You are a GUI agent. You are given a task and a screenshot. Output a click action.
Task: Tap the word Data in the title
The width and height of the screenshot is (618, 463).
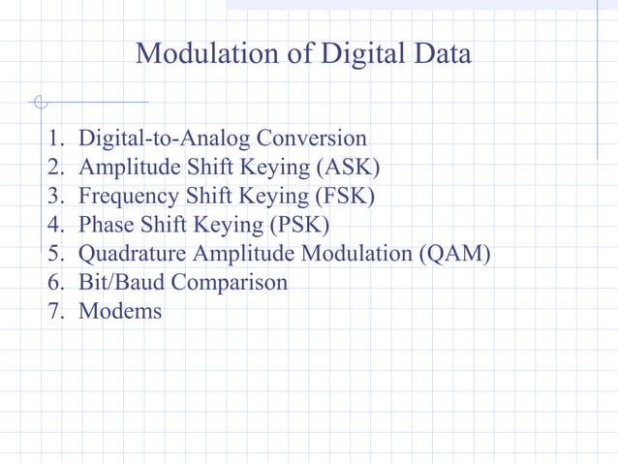coord(441,53)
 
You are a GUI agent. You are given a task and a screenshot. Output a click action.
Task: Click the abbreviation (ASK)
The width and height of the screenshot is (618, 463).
coord(347,168)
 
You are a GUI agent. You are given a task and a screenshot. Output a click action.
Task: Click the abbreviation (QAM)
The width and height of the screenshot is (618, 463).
coord(455,255)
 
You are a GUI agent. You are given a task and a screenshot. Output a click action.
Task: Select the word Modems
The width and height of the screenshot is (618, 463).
coord(120,312)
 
